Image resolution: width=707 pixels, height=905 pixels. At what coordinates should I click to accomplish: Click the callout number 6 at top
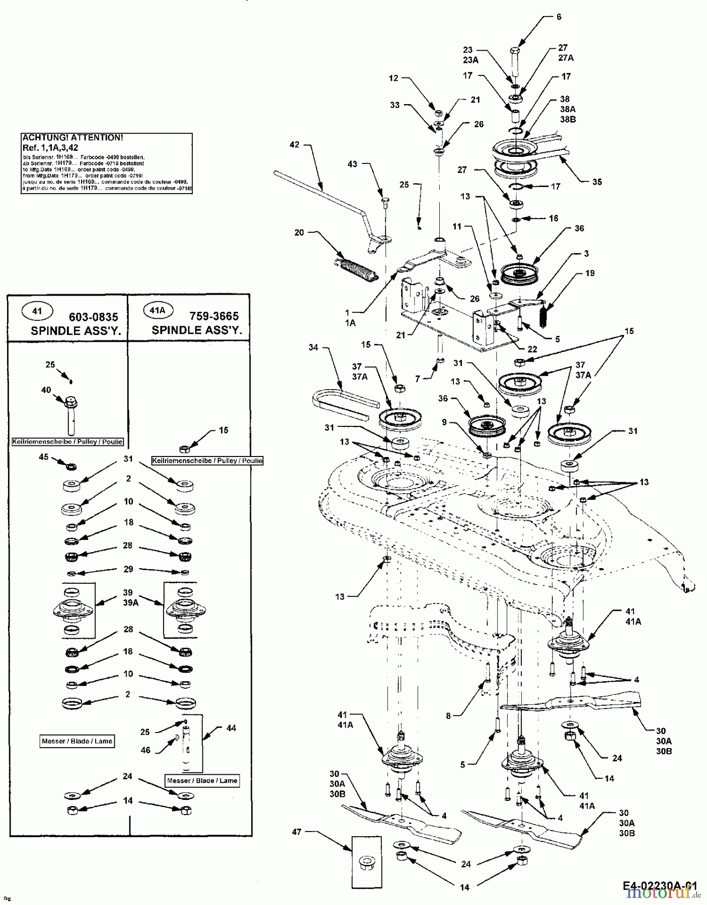click(558, 17)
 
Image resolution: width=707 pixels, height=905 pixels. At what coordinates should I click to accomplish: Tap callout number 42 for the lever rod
click(294, 145)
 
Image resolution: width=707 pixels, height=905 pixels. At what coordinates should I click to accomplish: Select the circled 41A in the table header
click(157, 311)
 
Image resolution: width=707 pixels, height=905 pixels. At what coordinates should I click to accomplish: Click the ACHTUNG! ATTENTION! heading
click(72, 137)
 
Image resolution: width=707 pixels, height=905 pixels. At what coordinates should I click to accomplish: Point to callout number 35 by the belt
click(596, 182)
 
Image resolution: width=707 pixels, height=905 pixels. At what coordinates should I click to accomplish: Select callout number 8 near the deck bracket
click(448, 716)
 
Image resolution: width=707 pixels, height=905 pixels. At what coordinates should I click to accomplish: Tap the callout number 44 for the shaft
click(231, 728)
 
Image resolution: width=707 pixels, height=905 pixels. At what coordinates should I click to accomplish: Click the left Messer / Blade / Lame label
click(77, 741)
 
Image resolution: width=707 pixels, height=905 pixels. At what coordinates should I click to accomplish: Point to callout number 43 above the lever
click(353, 164)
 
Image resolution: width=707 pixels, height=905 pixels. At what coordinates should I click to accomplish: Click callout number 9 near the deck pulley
click(444, 422)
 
